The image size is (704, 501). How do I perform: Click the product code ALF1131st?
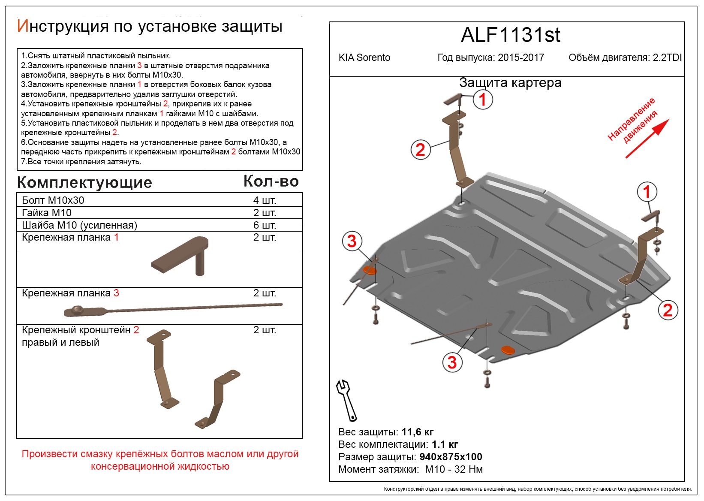[510, 35]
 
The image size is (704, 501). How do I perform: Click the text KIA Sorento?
[364, 57]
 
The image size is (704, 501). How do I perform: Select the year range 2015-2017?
[521, 57]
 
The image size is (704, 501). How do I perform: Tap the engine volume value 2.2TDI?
[667, 57]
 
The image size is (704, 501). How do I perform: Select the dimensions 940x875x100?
[451, 457]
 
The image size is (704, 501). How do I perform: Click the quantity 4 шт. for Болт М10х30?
[265, 200]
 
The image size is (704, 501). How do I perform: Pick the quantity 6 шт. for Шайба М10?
[265, 225]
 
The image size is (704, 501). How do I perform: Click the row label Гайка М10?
[47, 213]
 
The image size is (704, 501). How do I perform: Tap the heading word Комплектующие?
[84, 183]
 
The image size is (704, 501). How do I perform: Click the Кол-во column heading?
[271, 181]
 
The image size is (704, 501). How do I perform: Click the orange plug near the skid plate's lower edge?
[508, 350]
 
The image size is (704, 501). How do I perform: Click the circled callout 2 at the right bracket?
[668, 310]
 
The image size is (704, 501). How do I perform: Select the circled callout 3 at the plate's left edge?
[352, 241]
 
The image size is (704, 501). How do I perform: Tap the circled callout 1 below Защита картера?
[483, 100]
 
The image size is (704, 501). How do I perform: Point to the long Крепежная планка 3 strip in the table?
[171, 308]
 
